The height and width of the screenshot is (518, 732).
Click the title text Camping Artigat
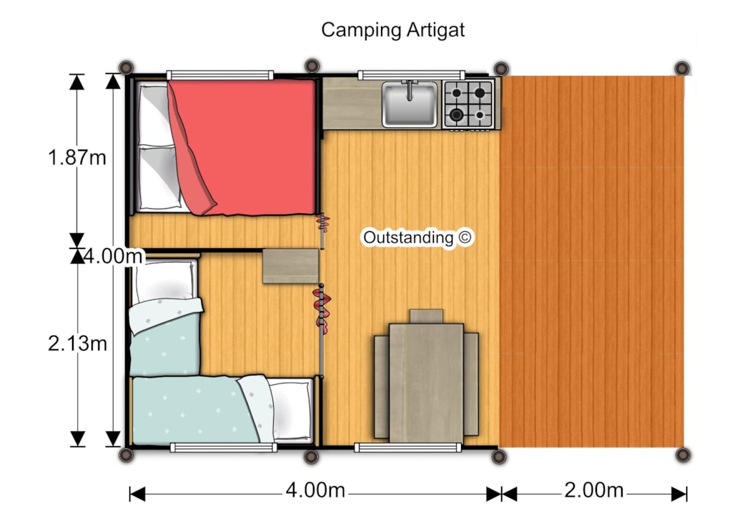tap(392, 30)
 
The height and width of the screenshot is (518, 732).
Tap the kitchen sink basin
tap(410, 105)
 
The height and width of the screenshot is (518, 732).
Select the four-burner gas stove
tap(468, 104)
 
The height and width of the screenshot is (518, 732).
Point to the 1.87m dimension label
tap(77, 157)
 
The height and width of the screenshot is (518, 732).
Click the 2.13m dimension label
tap(77, 343)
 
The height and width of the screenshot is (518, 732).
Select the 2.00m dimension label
tap(594, 490)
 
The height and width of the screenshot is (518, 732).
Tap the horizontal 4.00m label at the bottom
tap(315, 490)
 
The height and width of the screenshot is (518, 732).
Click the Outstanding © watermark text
tap(417, 238)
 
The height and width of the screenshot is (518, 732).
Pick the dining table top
tap(426, 383)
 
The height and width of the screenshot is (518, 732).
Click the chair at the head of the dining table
tap(426, 316)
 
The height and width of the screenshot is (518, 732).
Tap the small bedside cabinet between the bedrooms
tap(290, 265)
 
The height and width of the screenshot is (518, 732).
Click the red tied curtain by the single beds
tap(322, 310)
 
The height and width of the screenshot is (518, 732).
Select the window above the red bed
tap(220, 75)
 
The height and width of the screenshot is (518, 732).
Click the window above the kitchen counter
tap(411, 74)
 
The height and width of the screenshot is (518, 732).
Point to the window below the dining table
tap(408, 447)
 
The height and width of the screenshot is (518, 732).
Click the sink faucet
tap(410, 89)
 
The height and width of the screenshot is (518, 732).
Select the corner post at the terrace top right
tap(682, 68)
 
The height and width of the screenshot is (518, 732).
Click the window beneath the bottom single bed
tap(224, 447)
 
